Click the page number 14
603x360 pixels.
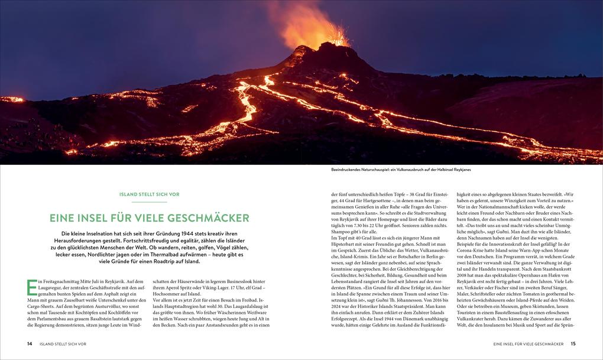[30, 343]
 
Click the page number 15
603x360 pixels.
[573, 343]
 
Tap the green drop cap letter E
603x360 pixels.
[33, 287]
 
